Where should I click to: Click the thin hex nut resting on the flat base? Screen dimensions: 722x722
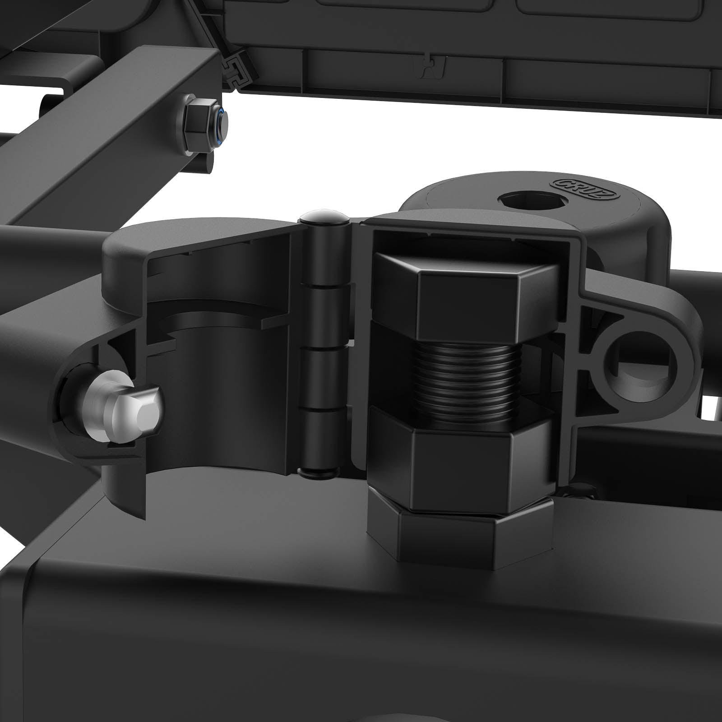(x=460, y=532)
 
